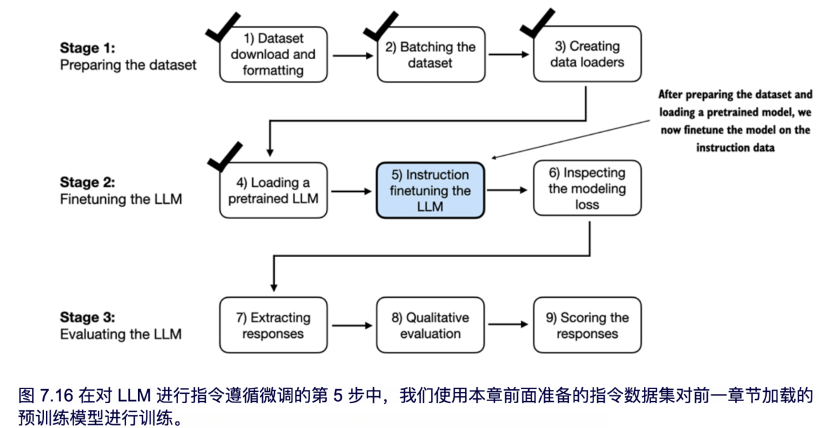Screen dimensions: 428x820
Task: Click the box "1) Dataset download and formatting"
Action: point(273,55)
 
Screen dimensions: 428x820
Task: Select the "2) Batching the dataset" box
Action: point(430,55)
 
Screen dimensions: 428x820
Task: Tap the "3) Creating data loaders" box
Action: point(587,55)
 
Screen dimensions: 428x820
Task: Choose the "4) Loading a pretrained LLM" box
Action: point(273,190)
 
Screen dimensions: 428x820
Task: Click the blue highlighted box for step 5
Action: point(430,191)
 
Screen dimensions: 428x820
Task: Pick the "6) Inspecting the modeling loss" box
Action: point(587,189)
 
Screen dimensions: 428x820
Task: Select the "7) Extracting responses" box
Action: point(273,325)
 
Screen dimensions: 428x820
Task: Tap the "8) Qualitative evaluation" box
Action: point(430,325)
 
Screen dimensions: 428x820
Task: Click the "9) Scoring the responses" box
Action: point(587,325)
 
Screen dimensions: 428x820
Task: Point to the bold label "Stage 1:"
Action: point(87,48)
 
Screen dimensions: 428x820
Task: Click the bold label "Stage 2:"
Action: point(87,182)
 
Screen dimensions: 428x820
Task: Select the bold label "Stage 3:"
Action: point(87,318)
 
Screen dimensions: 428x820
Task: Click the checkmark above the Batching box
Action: point(381,25)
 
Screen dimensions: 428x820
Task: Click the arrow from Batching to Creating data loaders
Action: point(508,55)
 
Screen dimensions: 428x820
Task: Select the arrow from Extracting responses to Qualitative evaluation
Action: point(352,325)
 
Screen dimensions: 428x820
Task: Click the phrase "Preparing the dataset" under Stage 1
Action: point(128,65)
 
